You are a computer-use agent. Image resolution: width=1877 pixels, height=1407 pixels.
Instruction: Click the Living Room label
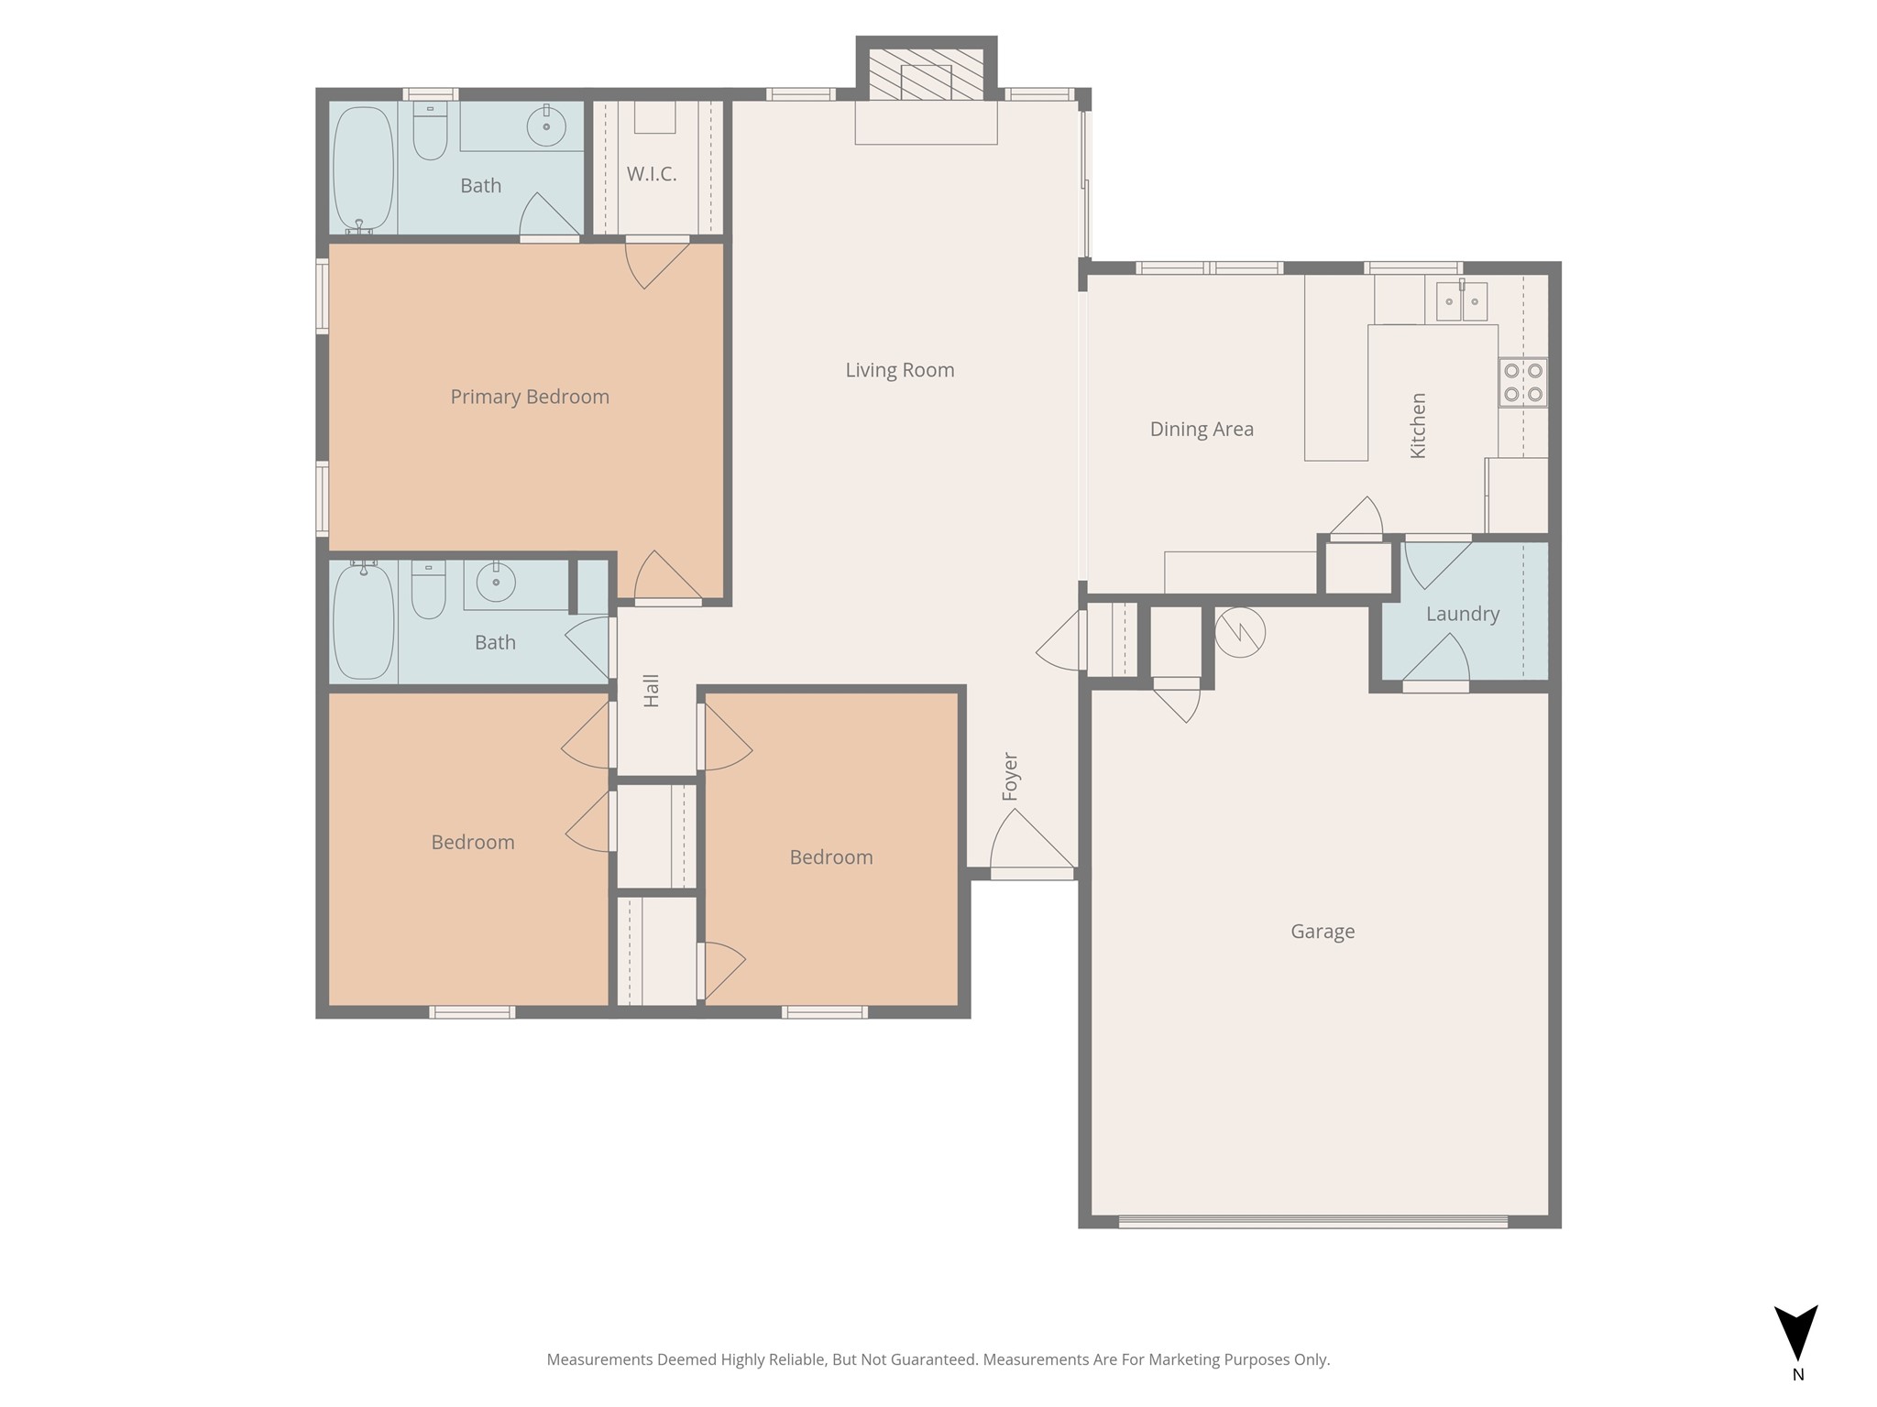coord(899,370)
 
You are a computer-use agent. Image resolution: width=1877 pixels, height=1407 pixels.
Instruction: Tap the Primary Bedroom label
coord(529,397)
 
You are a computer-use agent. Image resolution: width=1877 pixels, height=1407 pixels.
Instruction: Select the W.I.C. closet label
coord(652,174)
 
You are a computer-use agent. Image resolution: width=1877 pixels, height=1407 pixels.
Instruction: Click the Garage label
coord(1322,932)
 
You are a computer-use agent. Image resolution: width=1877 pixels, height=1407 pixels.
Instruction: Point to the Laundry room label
coord(1462,615)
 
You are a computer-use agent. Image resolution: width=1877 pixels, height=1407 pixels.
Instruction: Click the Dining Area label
coord(1201,429)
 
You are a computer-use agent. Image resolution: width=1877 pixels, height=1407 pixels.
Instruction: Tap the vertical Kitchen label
coord(1418,426)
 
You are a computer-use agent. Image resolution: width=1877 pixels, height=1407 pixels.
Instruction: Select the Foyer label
coord(1010,777)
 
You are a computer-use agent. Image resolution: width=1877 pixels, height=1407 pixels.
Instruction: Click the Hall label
coord(652,691)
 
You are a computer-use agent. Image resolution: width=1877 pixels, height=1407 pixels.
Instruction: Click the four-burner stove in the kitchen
coord(1522,383)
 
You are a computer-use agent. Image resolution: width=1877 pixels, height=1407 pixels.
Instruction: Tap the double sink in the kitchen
coord(1461,301)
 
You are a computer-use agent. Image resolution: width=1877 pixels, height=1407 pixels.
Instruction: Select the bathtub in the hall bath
coord(363,622)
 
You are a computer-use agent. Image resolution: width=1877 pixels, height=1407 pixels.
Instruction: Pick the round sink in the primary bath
coord(546,125)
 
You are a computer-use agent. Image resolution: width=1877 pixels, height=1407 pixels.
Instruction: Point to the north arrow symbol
coord(1795,1333)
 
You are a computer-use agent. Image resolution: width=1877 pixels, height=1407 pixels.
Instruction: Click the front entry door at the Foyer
coord(1032,873)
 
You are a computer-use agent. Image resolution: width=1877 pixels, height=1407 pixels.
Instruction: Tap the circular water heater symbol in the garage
coord(1239,633)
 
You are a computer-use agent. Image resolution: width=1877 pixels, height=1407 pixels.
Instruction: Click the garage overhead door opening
coord(1312,1221)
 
